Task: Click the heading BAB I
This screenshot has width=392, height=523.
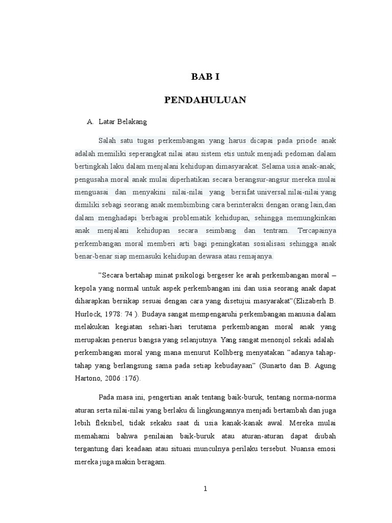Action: click(x=205, y=78)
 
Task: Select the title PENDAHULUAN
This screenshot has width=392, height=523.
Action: click(x=205, y=100)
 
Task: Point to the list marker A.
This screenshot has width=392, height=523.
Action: click(x=90, y=122)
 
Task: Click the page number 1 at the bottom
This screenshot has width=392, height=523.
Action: click(x=205, y=489)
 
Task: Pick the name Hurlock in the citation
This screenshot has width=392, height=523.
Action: click(x=87, y=313)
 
